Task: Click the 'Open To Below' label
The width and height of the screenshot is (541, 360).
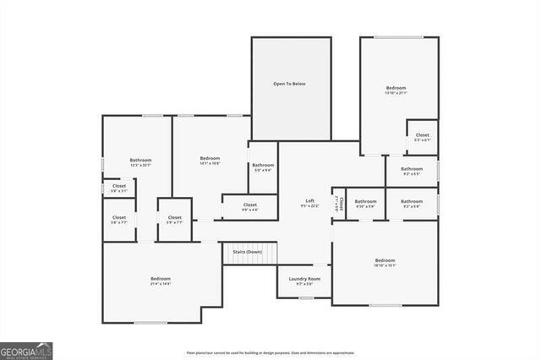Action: [x=291, y=85]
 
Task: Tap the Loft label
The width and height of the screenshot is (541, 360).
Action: [x=310, y=203]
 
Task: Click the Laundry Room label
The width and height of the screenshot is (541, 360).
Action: [x=304, y=281]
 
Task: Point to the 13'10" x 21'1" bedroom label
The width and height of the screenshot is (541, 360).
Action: [x=396, y=90]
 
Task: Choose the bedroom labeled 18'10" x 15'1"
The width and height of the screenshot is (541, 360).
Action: [x=385, y=262]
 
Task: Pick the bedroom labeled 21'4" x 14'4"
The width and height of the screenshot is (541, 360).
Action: [x=161, y=281]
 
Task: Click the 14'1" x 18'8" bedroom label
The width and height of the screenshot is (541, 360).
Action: [x=210, y=161]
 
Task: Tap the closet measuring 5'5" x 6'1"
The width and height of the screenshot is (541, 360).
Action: [x=422, y=137]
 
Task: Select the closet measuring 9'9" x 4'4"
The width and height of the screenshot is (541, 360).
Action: [x=250, y=207]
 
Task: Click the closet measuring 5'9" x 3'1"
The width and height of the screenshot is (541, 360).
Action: [x=119, y=188]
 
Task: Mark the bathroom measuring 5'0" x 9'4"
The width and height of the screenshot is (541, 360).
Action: [x=263, y=167]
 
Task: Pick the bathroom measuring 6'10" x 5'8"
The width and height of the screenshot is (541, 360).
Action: [x=366, y=204]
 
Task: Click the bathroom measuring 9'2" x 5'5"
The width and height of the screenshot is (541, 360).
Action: [x=412, y=171]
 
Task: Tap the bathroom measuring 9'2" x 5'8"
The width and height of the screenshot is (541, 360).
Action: [x=412, y=204]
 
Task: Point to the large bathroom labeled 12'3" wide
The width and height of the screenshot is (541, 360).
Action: [x=140, y=162]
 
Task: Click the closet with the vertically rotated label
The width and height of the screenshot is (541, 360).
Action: [x=339, y=204]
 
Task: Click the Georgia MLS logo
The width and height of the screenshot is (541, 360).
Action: [x=26, y=350]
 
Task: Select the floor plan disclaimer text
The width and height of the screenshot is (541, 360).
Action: [x=270, y=352]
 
